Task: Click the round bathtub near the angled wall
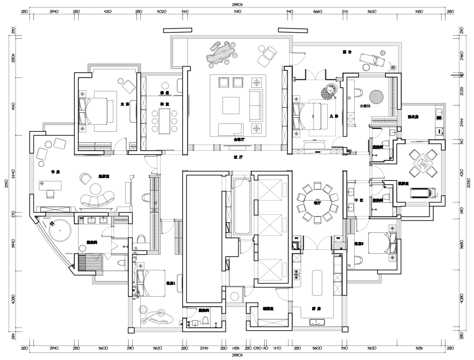pos(59,233)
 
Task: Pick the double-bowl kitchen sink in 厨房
pos(317,323)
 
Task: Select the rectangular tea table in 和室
pos(165,120)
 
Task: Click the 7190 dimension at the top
pos(237,12)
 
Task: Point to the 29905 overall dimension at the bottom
pos(237,354)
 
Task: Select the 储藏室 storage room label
pos(268,309)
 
